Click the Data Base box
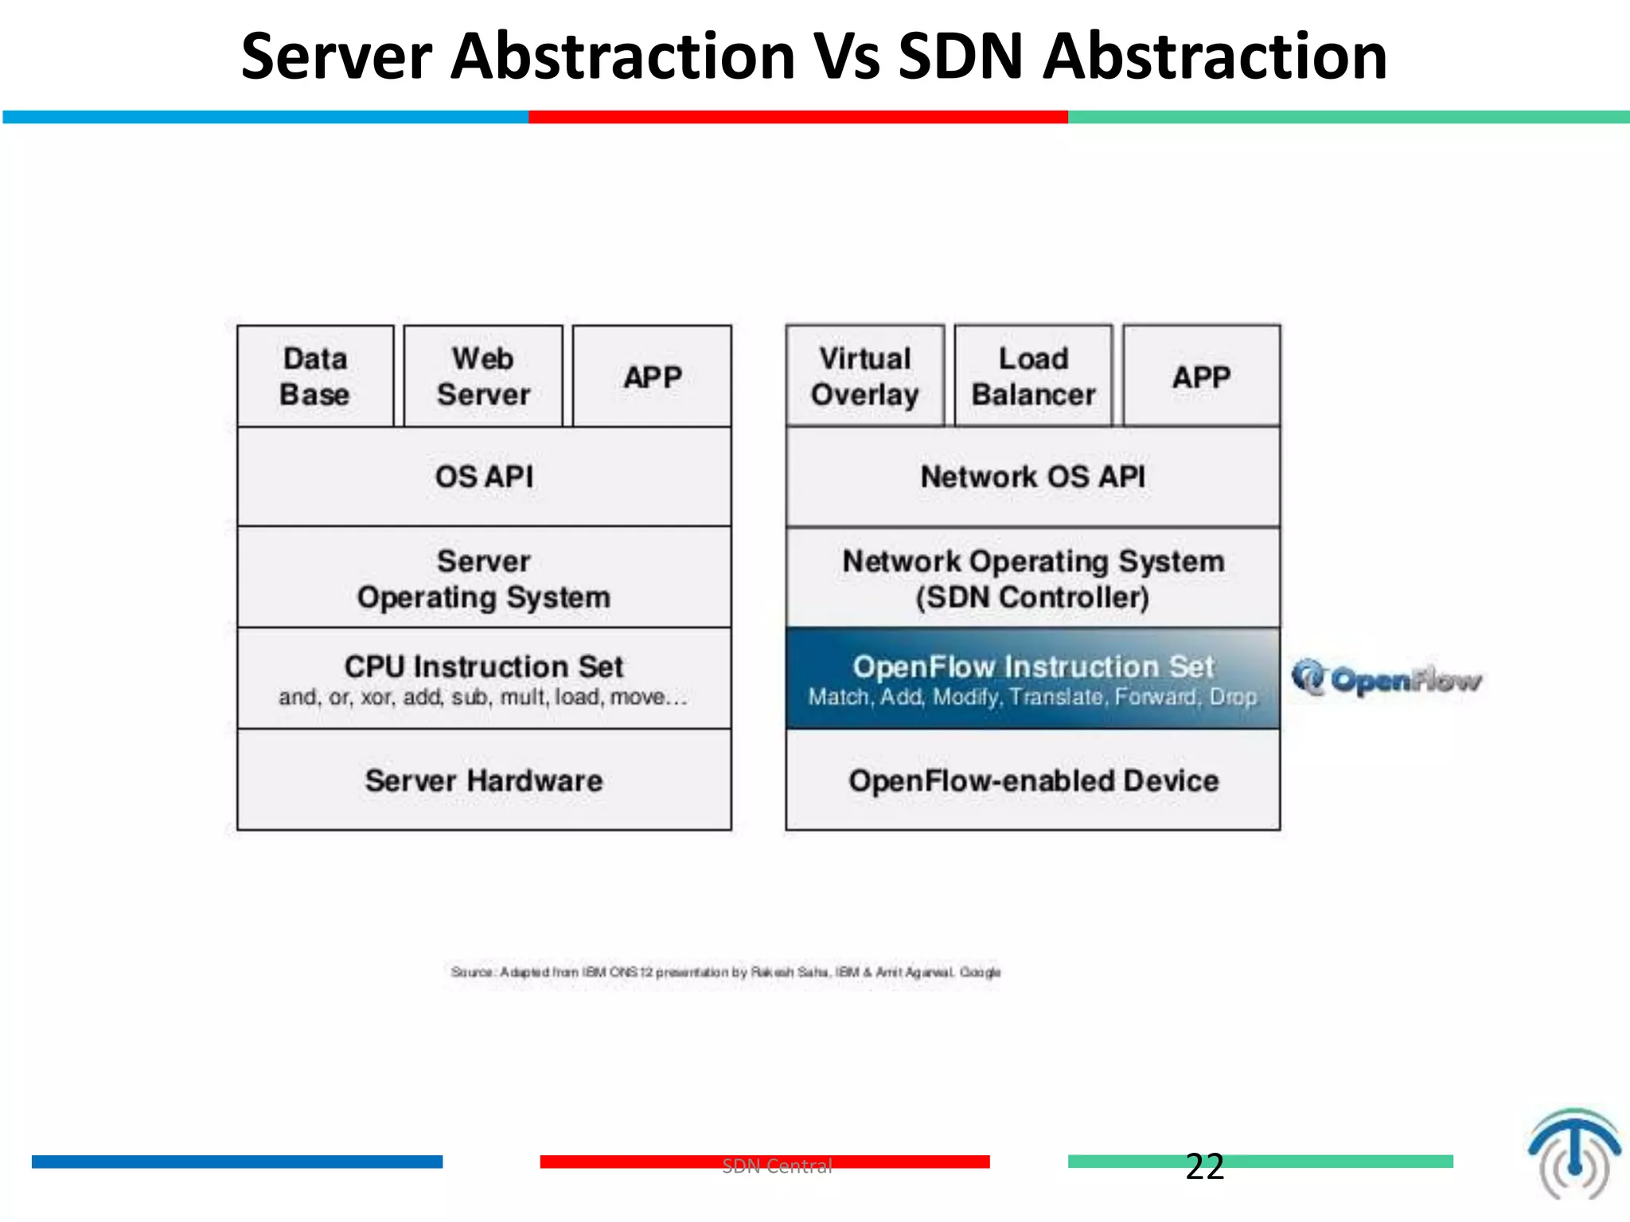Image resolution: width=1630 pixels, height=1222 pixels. pyautogui.click(x=315, y=376)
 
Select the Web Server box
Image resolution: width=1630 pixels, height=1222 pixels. pyautogui.click(x=483, y=376)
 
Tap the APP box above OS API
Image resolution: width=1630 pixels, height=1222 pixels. pyautogui.click(x=652, y=376)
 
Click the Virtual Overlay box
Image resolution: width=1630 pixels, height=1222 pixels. pyautogui.click(x=865, y=376)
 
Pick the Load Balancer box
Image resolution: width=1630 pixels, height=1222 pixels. pyautogui.click(x=1033, y=376)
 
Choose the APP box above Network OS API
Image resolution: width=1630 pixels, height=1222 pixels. pyautogui.click(x=1201, y=376)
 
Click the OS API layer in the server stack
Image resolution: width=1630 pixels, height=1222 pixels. pyautogui.click(x=484, y=477)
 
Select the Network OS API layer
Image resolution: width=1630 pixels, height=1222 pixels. pyautogui.click(x=1032, y=477)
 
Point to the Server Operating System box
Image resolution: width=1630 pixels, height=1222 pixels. pyautogui.click(x=484, y=578)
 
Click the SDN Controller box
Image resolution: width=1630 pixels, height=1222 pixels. pyautogui.click(x=1032, y=578)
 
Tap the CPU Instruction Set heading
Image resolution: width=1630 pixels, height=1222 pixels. pyautogui.click(x=484, y=667)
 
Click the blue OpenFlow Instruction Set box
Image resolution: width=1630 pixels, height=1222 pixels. pyautogui.click(x=1032, y=679)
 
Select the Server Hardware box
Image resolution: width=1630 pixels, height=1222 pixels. pyautogui.click(x=484, y=780)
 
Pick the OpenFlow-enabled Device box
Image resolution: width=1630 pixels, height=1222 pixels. pyautogui.click(x=1032, y=780)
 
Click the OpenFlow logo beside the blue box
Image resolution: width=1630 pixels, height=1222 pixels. pyautogui.click(x=1386, y=679)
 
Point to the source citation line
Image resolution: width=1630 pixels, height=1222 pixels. pyautogui.click(x=725, y=972)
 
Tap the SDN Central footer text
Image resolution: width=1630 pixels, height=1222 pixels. pyautogui.click(x=777, y=1166)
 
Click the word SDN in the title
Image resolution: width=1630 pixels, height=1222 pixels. pyautogui.click(x=960, y=57)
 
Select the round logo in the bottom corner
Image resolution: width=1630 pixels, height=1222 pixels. pyautogui.click(x=1573, y=1154)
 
